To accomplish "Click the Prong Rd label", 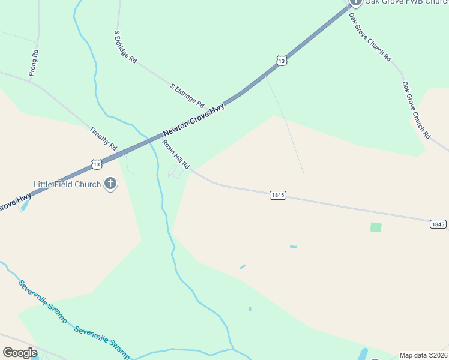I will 34,62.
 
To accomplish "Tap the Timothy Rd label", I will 103,138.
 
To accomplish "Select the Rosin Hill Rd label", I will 176,154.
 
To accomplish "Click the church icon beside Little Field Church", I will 110,184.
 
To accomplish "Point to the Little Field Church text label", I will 67,184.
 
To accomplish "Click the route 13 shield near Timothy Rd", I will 96,163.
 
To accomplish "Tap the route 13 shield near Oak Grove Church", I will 282,60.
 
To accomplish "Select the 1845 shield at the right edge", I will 438,224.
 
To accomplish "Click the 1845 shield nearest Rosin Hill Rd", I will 277,195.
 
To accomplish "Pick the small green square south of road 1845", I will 376,227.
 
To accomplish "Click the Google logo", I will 19,353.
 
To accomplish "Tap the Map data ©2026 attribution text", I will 423,355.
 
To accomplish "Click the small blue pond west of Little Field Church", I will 24,206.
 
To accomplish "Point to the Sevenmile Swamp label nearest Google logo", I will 42,302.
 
